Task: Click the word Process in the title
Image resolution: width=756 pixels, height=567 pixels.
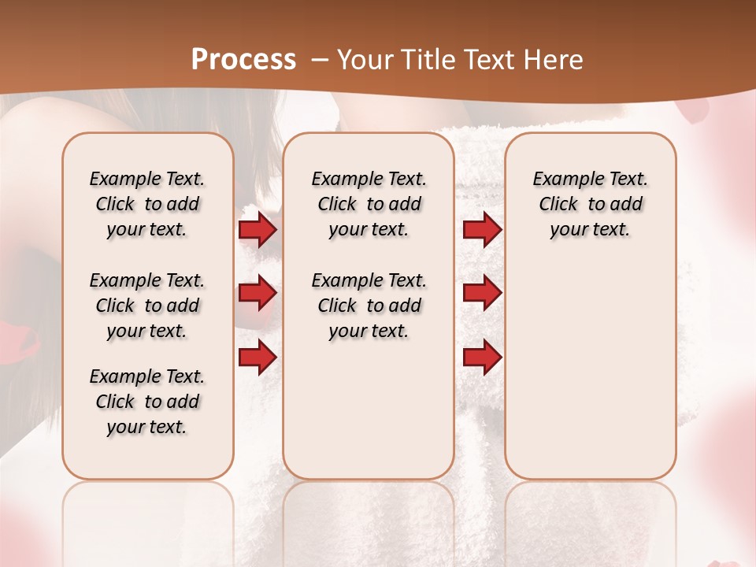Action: coord(243,60)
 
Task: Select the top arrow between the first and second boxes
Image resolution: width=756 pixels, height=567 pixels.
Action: coord(258,229)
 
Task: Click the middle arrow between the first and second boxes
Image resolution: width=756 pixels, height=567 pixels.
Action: coord(258,293)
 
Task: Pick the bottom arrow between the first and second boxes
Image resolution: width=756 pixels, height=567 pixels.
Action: coord(258,357)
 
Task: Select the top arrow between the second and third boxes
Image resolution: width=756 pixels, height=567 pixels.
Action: coord(482,229)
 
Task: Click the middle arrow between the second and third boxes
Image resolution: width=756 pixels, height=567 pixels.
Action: coord(482,293)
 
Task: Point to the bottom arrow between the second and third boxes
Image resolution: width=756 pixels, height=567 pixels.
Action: coord(482,357)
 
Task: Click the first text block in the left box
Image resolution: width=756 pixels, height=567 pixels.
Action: coord(147,204)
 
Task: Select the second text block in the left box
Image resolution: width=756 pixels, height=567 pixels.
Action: coord(147,306)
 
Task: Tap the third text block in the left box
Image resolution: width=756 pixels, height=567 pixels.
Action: coord(147,402)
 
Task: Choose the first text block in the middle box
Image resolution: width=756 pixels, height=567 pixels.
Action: coord(369,204)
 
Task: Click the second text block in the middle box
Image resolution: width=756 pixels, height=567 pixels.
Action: coord(369,306)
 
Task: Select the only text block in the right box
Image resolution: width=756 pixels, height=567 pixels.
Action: coord(590,204)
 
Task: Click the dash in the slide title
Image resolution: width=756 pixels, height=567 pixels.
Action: coord(320,60)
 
